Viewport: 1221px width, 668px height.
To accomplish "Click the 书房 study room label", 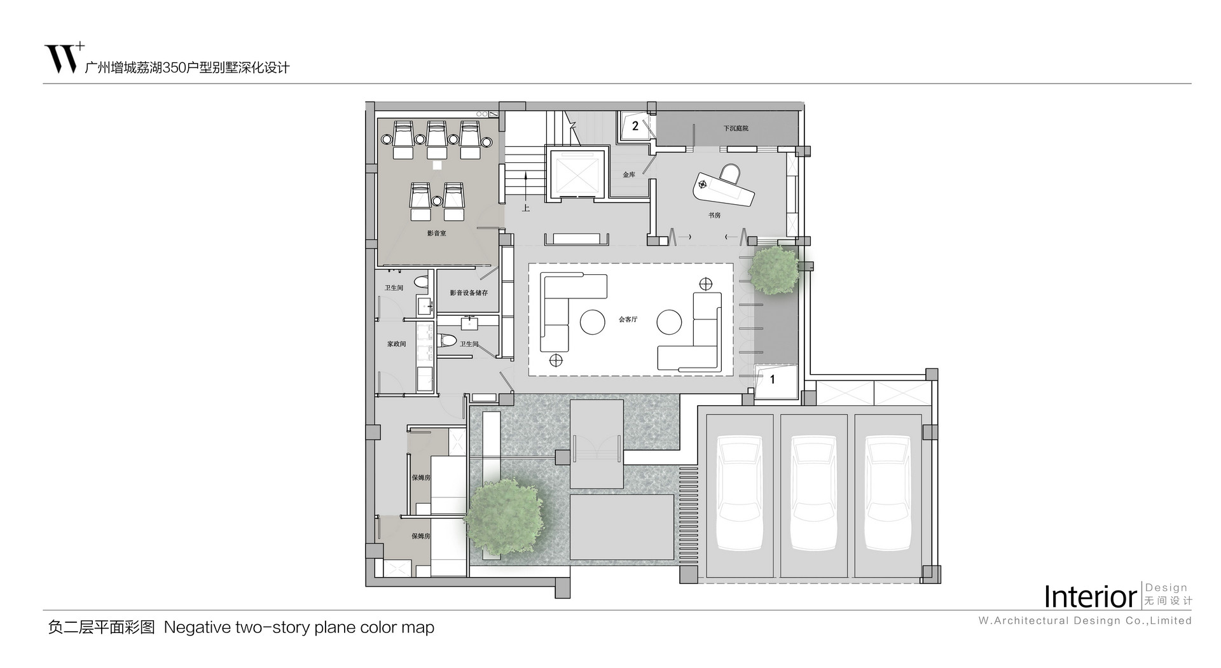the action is [714, 216].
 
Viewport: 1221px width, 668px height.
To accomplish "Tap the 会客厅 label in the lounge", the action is [628, 319].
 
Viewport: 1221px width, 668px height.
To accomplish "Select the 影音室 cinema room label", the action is [436, 233].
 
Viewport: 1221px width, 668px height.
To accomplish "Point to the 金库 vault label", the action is [628, 174].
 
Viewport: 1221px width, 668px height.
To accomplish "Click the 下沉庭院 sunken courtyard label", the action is [736, 129].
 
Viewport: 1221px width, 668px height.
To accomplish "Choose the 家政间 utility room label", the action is [396, 344].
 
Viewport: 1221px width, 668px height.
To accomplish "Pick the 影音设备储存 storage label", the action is [469, 293].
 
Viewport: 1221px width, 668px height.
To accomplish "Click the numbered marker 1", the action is [773, 380].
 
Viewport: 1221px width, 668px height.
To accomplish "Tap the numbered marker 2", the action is [635, 126].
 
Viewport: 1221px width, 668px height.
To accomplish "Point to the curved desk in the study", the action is [724, 188].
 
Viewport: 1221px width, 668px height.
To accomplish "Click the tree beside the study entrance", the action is [774, 270].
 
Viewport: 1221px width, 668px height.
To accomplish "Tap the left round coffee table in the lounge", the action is [593, 322].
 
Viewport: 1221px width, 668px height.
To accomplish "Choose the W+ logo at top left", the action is [64, 59].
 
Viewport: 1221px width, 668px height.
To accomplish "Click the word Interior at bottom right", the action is [1090, 597].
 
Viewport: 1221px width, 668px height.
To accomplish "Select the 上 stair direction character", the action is [526, 207].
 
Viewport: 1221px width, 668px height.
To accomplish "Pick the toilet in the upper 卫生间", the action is [421, 281].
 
